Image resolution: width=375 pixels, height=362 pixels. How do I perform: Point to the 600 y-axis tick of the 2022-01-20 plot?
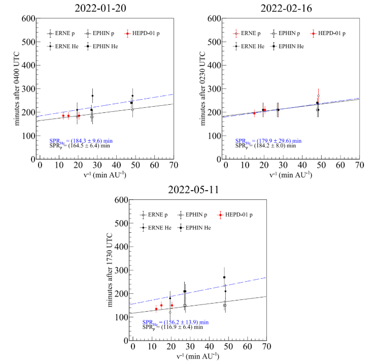point(28,19)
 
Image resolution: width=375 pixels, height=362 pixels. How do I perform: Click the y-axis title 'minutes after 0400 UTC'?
point(18,88)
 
